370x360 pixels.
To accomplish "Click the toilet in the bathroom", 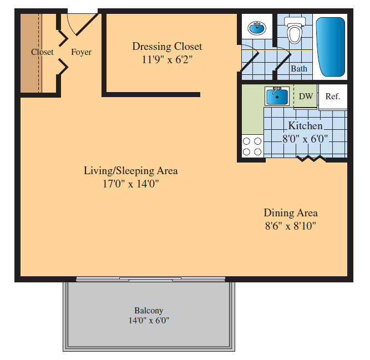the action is tap(295, 30).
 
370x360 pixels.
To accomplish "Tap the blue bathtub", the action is tap(331, 47).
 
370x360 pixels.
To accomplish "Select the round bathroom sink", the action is tap(257, 28).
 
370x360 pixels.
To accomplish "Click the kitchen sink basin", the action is tap(277, 97).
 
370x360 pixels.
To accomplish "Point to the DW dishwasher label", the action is tap(306, 97).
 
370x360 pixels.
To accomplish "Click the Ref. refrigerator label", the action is tap(333, 97).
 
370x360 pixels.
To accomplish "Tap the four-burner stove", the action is tap(252, 146).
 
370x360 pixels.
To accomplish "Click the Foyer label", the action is tap(81, 52).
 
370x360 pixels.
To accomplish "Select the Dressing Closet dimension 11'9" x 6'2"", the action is tap(167, 60).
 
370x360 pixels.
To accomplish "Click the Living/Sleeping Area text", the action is tap(131, 171).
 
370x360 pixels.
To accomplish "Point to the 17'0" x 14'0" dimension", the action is tap(131, 184).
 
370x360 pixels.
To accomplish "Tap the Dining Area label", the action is tap(291, 213).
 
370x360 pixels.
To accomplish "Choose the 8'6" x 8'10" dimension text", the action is tap(291, 226).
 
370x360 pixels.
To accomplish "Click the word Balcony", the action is tap(149, 311).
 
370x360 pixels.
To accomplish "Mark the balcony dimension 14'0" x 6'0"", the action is tap(149, 321).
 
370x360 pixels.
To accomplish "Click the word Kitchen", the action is tap(305, 126).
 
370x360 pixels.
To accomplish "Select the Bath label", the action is tap(299, 69).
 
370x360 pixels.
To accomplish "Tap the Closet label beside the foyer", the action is tap(42, 52).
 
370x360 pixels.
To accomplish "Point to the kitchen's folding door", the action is tap(312, 159).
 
